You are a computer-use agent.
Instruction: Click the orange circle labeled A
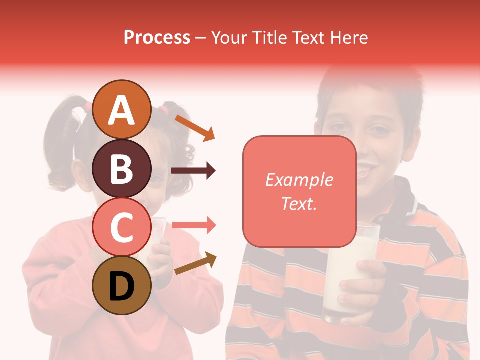coord(122,110)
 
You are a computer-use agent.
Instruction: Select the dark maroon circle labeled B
coord(122,168)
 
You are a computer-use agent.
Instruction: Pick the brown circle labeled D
coord(122,285)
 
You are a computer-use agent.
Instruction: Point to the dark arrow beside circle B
coord(193,171)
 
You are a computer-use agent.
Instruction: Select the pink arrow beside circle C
coord(193,225)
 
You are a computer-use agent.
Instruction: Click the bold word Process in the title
coord(157,37)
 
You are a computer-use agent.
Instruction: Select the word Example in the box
coord(299,180)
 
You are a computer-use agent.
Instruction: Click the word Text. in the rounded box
coord(299,203)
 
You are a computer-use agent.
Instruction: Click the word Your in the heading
coord(230,37)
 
